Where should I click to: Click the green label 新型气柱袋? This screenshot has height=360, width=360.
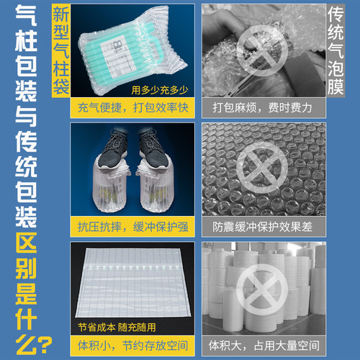click(x=62, y=50)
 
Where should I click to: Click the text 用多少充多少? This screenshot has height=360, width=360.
click(x=159, y=91)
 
